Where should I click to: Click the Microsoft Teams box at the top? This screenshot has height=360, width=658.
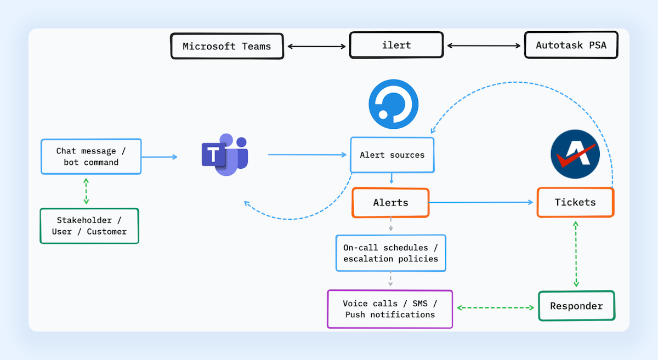pyautogui.click(x=226, y=46)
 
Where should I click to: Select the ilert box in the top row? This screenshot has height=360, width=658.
pyautogui.click(x=396, y=45)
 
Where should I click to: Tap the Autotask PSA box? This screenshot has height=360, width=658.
pyautogui.click(x=571, y=45)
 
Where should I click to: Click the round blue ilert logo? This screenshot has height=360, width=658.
pyautogui.click(x=393, y=104)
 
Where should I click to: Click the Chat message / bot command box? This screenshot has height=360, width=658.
pyautogui.click(x=91, y=157)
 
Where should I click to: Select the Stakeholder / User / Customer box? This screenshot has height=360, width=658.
pyautogui.click(x=89, y=226)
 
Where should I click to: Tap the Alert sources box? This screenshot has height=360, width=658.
pyautogui.click(x=392, y=155)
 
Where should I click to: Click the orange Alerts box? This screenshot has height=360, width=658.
pyautogui.click(x=390, y=203)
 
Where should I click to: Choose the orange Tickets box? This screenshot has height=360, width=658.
pyautogui.click(x=575, y=203)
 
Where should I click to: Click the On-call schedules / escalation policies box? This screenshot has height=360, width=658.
pyautogui.click(x=390, y=253)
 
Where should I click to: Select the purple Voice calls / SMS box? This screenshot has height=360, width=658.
pyautogui.click(x=390, y=309)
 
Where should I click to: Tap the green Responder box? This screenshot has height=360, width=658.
pyautogui.click(x=576, y=306)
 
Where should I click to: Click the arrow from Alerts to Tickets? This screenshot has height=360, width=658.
pyautogui.click(x=481, y=203)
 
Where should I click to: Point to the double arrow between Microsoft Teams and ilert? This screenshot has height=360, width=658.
pyautogui.click(x=317, y=47)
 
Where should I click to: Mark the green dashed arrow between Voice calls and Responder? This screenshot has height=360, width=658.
pyautogui.click(x=496, y=308)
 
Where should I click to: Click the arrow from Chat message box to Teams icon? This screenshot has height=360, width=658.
pyautogui.click(x=160, y=157)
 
